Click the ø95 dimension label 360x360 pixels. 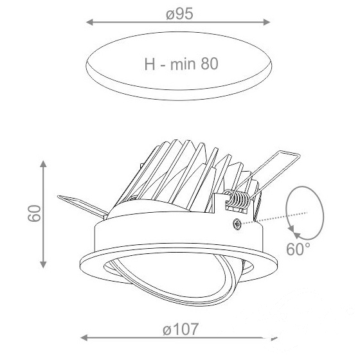pos(179,14)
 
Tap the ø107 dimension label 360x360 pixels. pos(180,329)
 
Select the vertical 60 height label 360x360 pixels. pos(35,213)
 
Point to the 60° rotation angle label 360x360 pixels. pos(298,249)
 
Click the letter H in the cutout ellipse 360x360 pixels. pos(150,64)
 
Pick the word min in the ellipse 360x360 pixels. pos(183,64)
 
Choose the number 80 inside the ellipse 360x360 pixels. pos(210,64)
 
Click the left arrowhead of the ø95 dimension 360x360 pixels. pos(89,22)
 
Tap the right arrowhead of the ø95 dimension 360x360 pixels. pos(267,22)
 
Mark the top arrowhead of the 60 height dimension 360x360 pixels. pos(43,164)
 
